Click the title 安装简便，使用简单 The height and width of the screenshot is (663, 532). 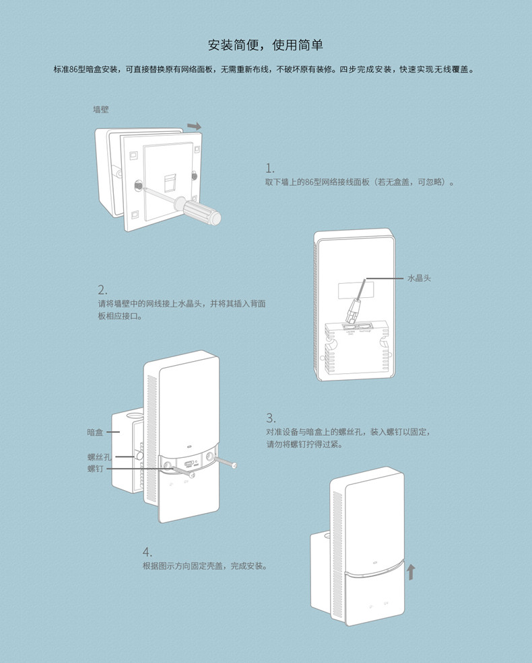265,46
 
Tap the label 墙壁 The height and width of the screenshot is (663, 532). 101,109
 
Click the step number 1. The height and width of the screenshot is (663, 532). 270,168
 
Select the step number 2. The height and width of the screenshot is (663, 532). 102,290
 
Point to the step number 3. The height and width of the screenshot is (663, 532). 271,418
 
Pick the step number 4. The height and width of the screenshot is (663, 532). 147,552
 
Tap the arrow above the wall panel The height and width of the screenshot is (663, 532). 194,126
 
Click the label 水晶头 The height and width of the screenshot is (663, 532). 419,278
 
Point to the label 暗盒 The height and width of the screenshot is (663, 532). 95,432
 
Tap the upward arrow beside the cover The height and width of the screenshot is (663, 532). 411,572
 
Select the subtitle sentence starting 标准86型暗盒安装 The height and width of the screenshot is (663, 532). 265,69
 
